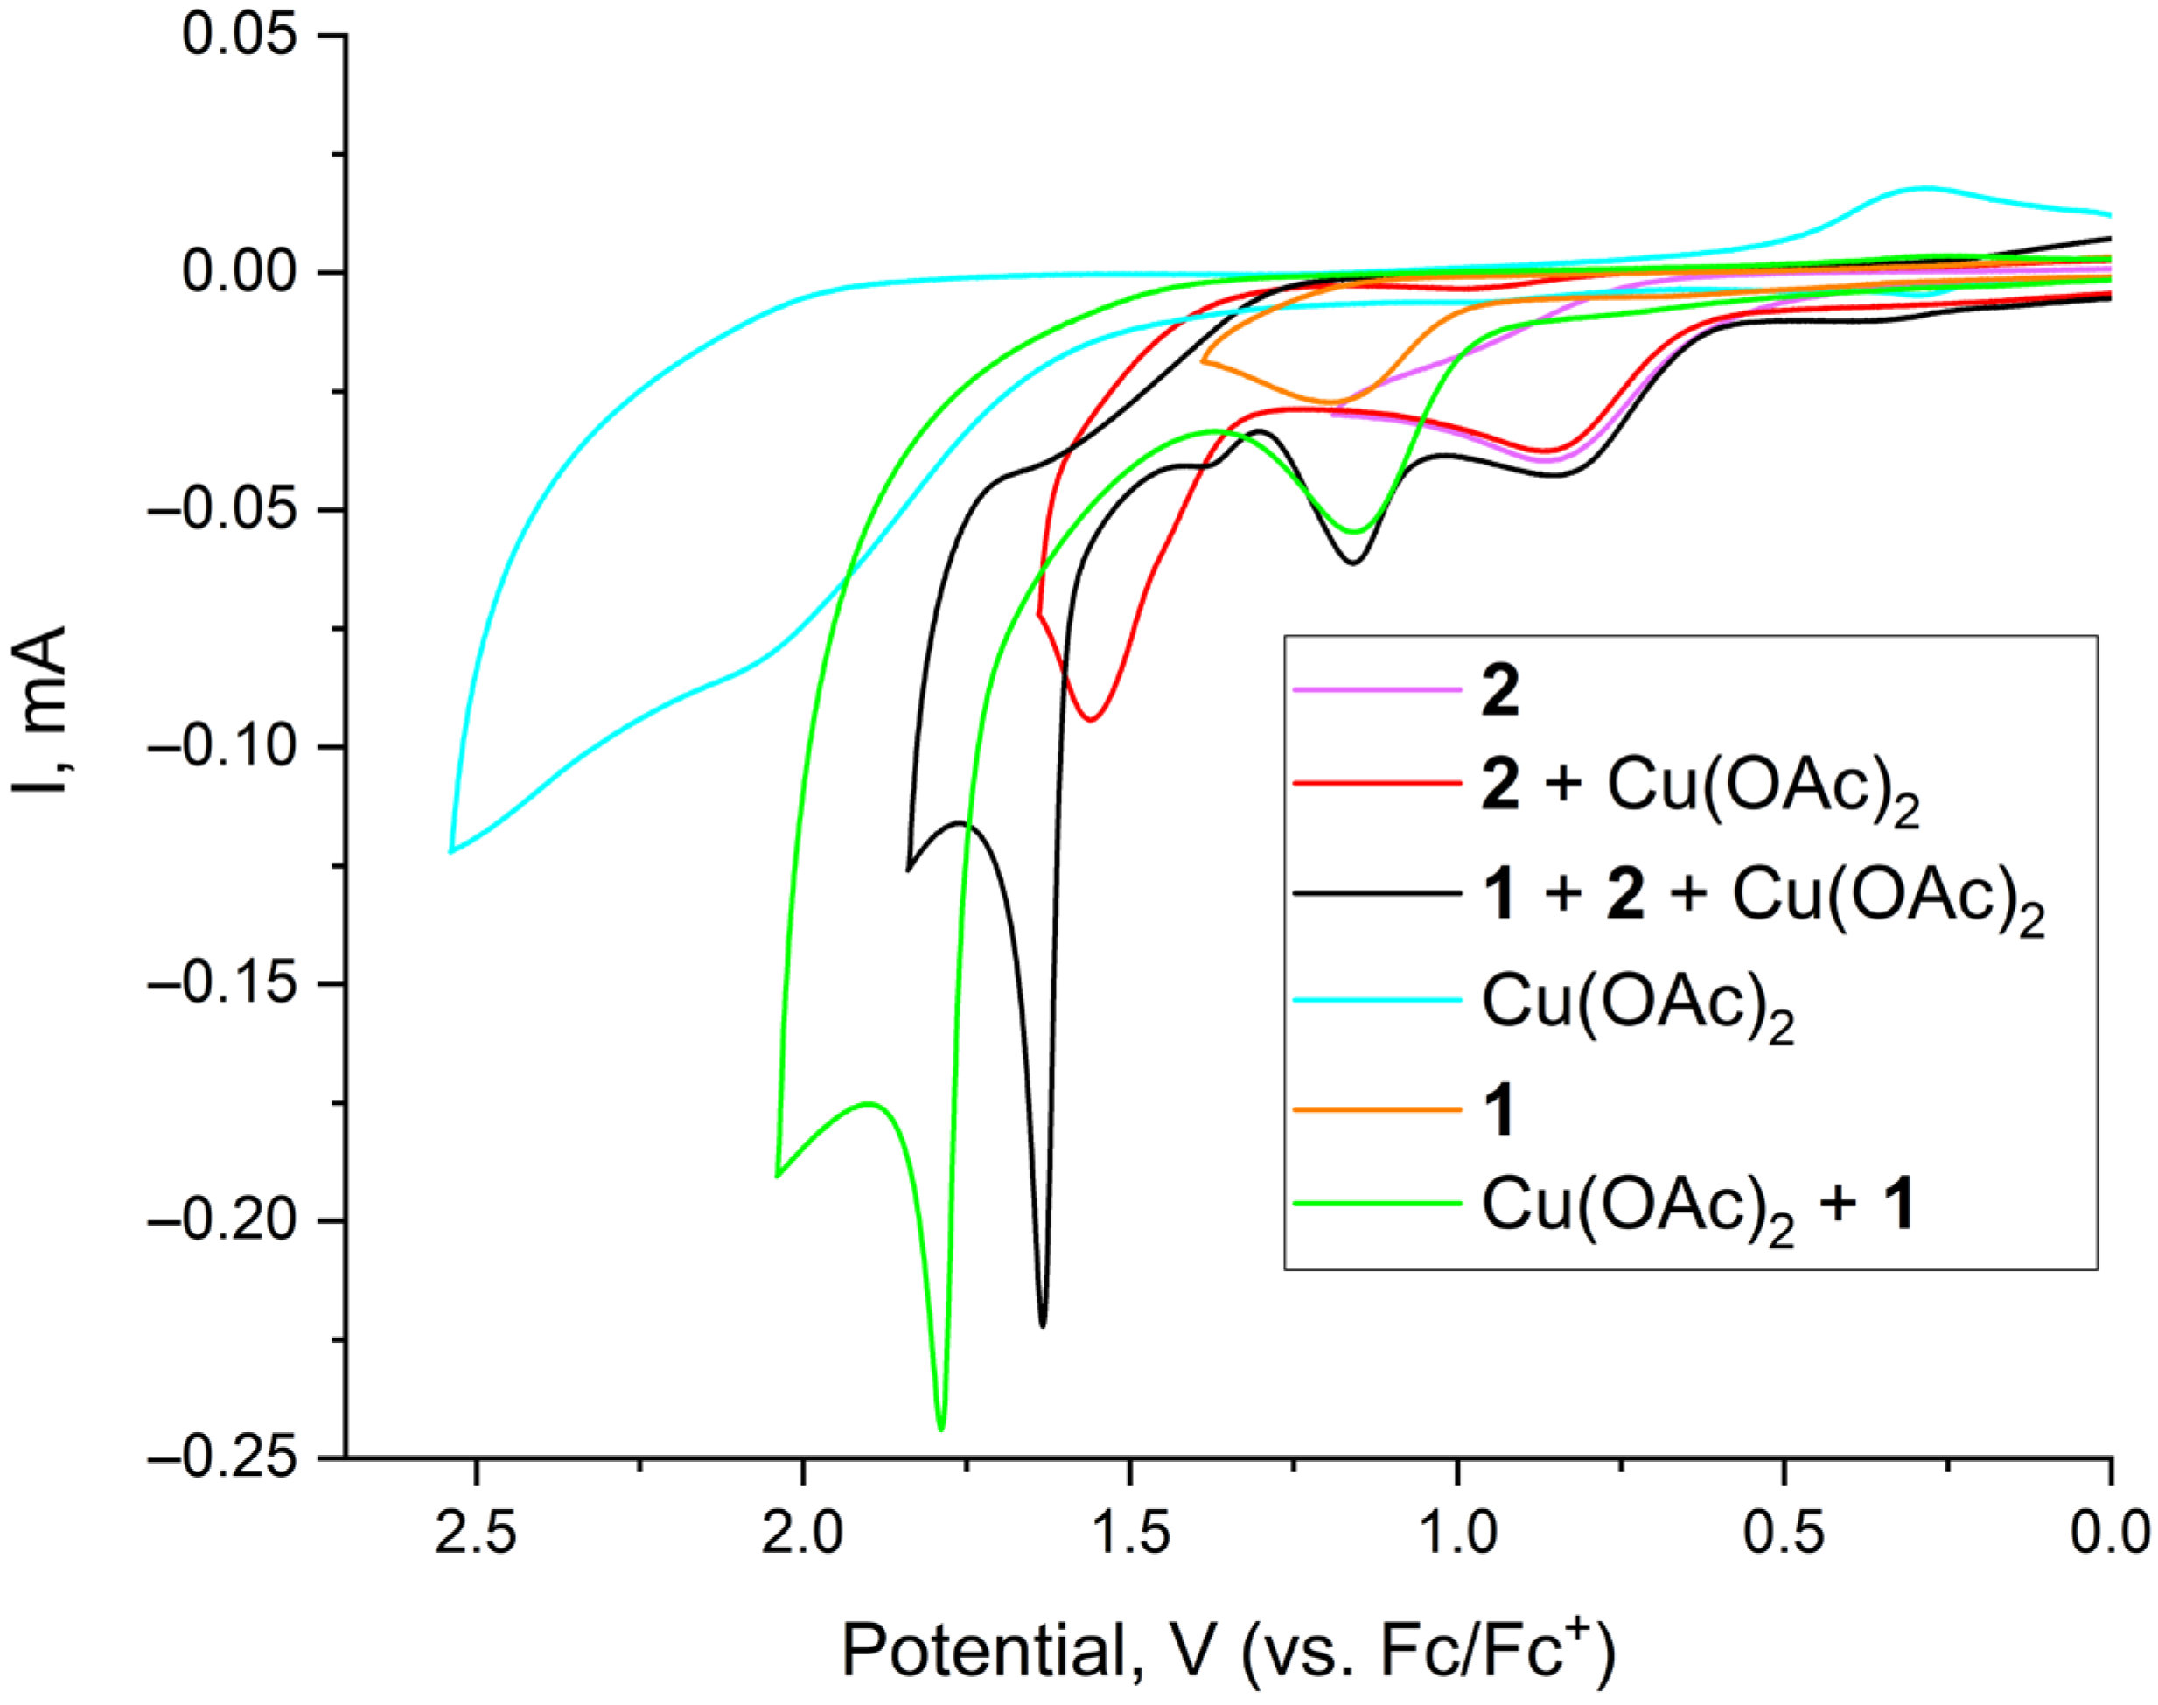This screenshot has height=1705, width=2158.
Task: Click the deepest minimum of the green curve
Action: click(x=940, y=1429)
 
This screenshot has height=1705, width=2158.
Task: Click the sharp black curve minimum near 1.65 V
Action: click(x=1043, y=1324)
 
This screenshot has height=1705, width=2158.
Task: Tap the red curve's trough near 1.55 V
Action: click(x=1092, y=719)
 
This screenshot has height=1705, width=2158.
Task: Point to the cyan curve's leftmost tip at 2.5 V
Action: click(x=451, y=851)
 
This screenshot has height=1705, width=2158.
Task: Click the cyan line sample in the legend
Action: click(x=1378, y=999)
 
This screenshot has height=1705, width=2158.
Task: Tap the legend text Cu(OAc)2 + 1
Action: click(x=1696, y=1205)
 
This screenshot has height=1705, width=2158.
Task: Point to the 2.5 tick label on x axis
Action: click(x=476, y=1533)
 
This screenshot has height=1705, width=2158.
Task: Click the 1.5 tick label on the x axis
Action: click(x=1130, y=1533)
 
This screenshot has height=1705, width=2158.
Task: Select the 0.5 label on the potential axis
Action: click(x=1784, y=1533)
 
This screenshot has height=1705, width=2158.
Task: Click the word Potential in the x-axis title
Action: click(x=984, y=1650)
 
